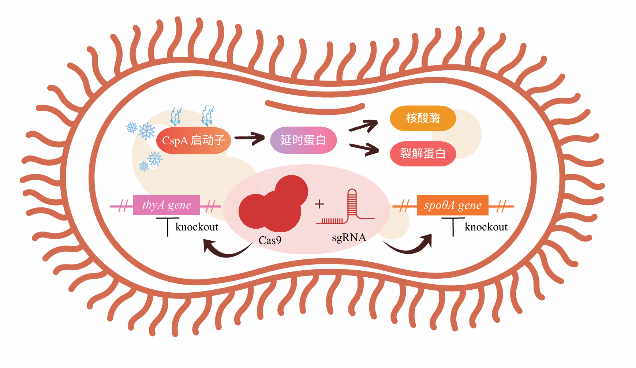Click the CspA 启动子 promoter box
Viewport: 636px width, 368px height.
[x=193, y=140]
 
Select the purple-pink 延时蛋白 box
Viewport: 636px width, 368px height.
[x=303, y=140]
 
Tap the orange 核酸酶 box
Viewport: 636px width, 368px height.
[x=423, y=119]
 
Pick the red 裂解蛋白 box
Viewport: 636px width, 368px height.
[x=423, y=154]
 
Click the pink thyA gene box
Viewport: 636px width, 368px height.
[x=167, y=205]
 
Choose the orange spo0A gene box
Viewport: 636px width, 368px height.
[x=452, y=206]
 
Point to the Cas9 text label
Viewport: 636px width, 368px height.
[x=270, y=240]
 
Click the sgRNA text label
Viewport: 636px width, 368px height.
[x=349, y=238]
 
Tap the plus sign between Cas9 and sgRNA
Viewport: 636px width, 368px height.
[x=319, y=204]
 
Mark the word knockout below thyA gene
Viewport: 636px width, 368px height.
[x=197, y=227]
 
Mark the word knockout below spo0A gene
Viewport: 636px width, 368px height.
[x=486, y=227]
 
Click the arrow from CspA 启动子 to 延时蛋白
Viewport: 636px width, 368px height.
[x=249, y=139]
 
